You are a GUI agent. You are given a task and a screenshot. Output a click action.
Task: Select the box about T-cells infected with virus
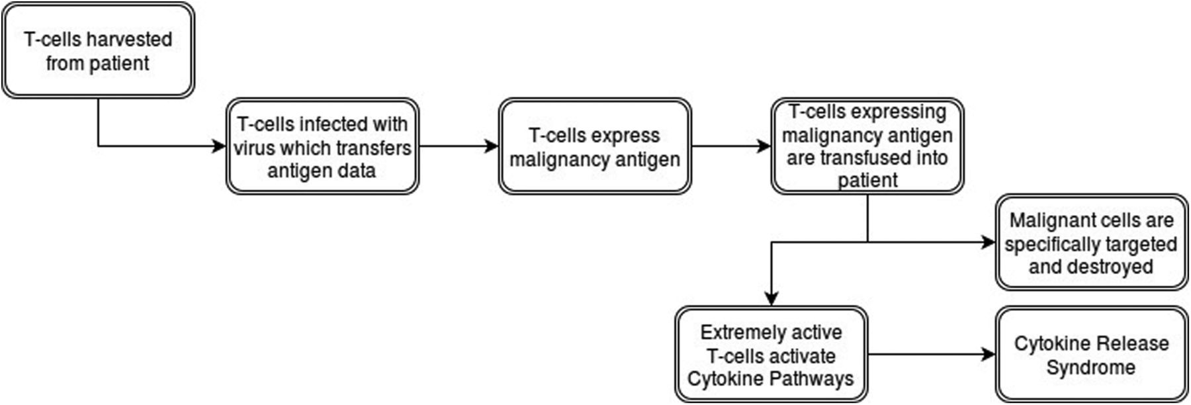pos(322,146)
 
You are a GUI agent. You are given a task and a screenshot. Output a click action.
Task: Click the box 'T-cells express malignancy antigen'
pos(595,146)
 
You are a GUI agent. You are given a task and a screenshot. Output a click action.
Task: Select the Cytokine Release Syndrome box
pos(1092,355)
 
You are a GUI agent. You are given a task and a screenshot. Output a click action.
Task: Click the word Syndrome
pos(1091,367)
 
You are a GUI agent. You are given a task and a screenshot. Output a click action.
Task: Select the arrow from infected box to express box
pos(459,146)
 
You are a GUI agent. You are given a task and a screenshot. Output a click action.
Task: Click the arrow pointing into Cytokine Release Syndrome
pos(932,355)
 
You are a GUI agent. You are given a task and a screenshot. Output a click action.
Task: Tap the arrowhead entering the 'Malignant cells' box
pos(989,242)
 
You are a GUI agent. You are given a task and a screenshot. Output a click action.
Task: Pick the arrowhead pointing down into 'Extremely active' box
pos(772,298)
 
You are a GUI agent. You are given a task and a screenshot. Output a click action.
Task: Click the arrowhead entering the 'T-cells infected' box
pos(218,146)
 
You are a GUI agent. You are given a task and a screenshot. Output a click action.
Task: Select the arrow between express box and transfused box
pos(732,146)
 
